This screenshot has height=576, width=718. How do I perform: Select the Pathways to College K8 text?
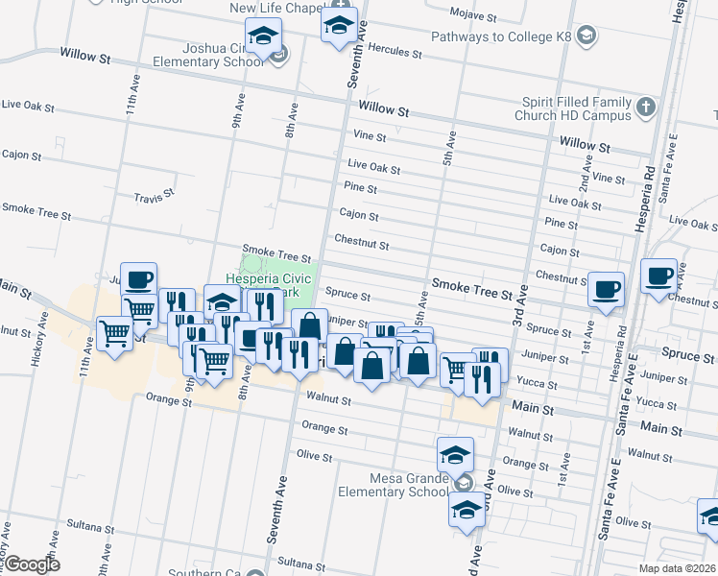coord(501,36)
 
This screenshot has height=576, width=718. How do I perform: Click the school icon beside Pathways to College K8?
coord(588,36)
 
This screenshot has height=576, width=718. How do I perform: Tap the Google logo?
coord(32,564)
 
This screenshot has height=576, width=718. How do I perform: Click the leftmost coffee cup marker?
coord(138,279)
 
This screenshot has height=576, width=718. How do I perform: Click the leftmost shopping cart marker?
coord(114,334)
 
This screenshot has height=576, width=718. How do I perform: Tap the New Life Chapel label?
coord(275,9)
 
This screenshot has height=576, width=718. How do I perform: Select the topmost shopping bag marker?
coord(309,326)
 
